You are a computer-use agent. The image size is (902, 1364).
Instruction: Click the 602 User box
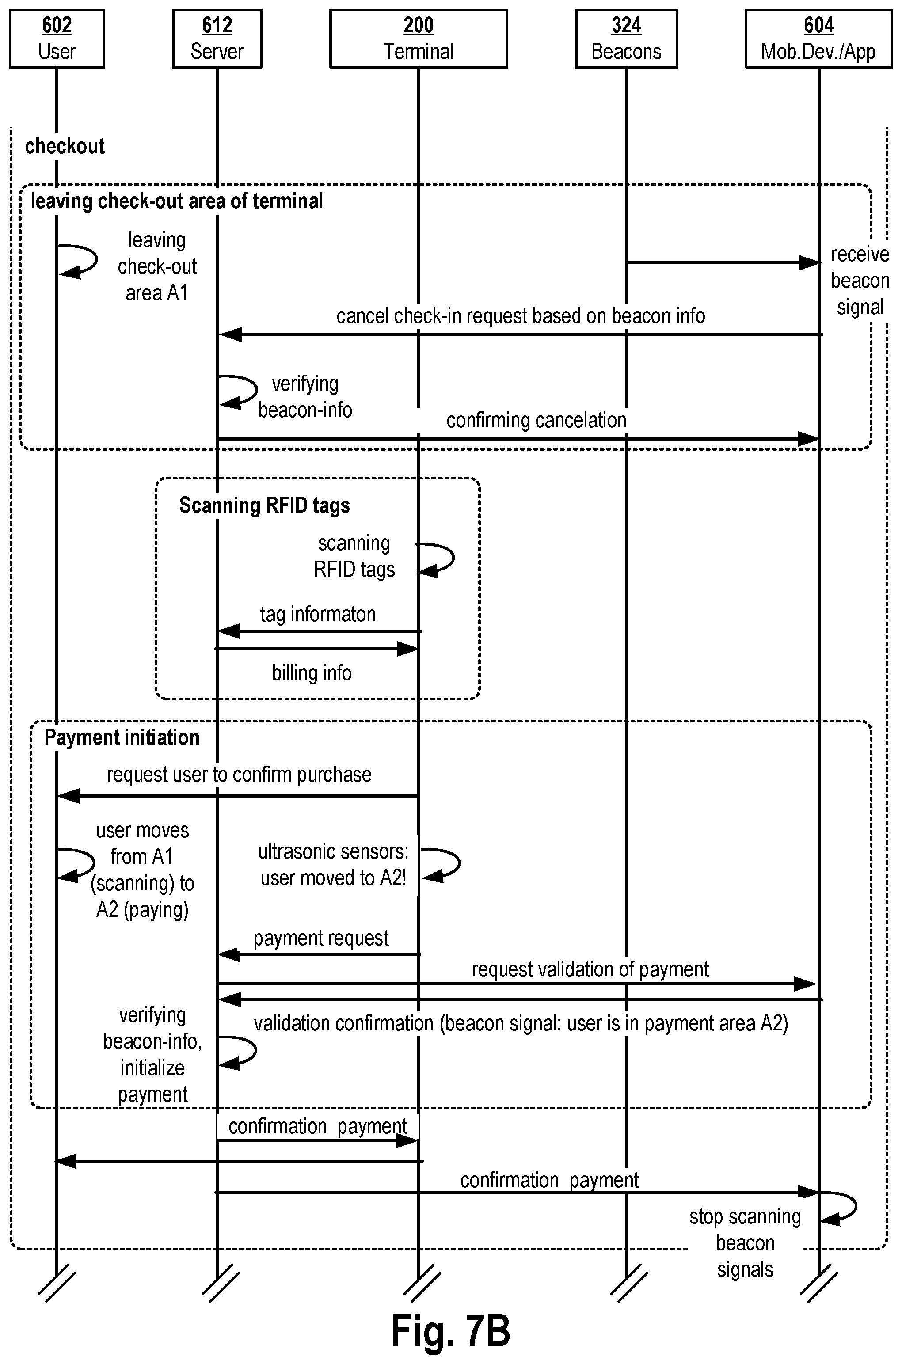tap(57, 39)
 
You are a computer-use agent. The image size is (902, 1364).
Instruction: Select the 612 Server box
tap(217, 39)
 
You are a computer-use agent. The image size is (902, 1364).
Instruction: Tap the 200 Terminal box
tap(418, 39)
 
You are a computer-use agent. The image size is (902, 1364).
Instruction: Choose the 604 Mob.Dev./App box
tap(818, 39)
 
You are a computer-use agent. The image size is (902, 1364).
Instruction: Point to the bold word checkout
tap(65, 147)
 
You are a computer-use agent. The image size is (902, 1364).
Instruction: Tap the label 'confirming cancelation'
tap(536, 420)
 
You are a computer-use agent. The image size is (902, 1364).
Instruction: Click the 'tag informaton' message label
tap(318, 614)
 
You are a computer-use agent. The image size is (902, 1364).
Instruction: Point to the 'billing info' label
tap(312, 673)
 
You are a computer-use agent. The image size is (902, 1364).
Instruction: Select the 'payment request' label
tap(321, 938)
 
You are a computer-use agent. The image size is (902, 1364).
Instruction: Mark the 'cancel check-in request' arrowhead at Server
tap(229, 334)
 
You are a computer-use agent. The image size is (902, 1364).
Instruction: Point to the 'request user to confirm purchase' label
tap(239, 775)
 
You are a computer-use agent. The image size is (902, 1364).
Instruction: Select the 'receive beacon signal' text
tap(860, 281)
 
